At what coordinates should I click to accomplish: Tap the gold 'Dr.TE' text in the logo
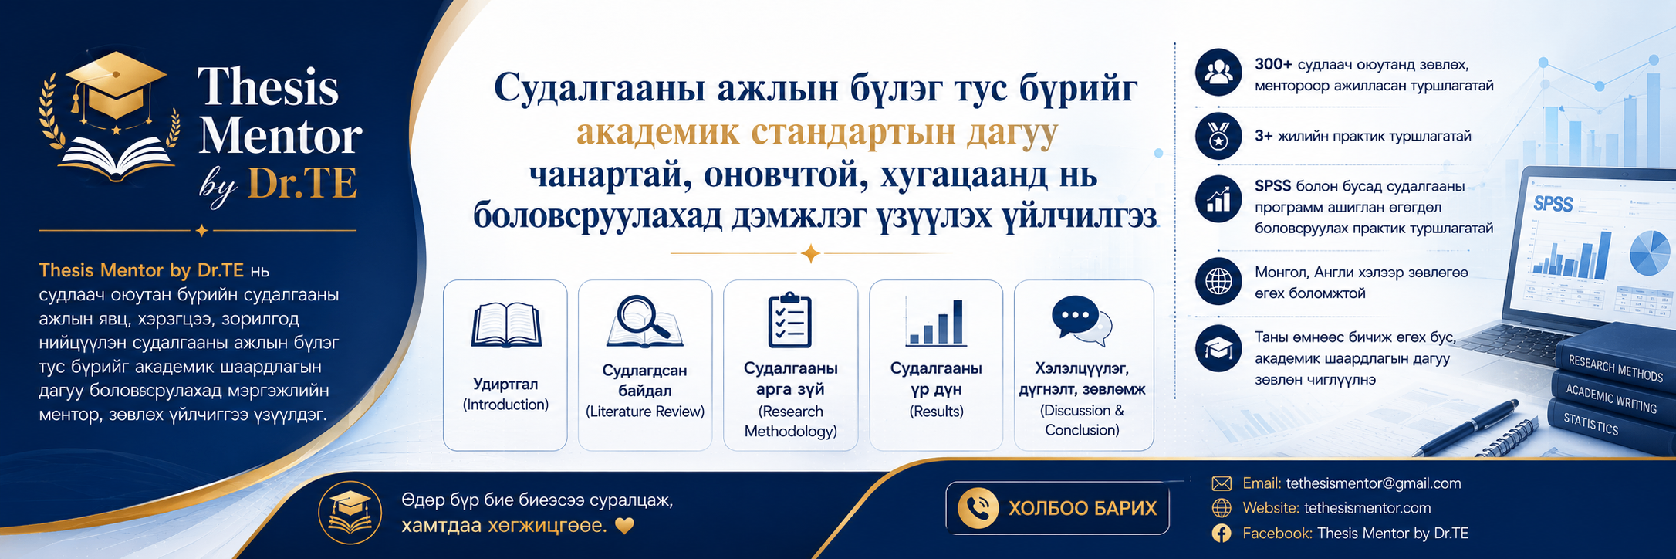302,185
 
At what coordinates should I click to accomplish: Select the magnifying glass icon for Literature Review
644,321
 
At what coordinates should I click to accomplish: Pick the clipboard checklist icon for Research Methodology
789,320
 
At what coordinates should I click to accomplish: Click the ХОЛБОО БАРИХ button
1057,508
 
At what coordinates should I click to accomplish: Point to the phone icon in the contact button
978,508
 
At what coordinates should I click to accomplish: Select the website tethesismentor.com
1367,508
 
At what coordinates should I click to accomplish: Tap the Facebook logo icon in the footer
1222,533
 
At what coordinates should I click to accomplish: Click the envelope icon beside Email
1222,483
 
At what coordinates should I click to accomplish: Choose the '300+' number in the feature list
1273,64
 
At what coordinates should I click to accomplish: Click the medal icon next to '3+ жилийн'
1218,136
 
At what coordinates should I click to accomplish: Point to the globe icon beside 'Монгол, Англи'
1218,281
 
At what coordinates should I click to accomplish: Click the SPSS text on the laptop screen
1553,204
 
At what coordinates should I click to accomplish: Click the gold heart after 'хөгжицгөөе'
624,527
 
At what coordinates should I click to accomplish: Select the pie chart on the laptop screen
1649,252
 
